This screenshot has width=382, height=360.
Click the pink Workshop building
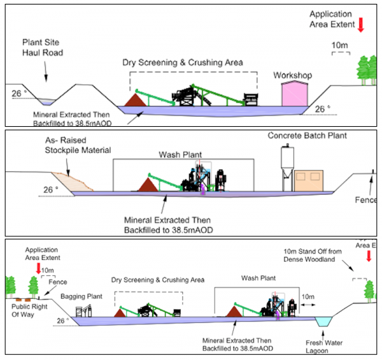295,94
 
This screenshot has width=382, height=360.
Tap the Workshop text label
292,75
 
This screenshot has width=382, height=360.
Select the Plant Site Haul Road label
43,47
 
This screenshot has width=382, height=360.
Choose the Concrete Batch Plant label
303,136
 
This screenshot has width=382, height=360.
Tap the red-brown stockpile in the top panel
136,99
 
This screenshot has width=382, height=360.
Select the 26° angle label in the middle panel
50,190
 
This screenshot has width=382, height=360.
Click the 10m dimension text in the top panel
341,46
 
